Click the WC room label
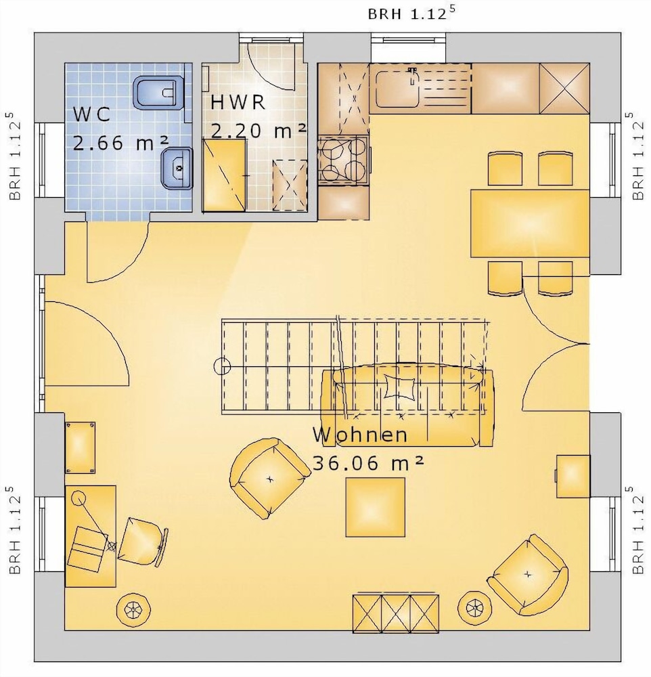[x=91, y=114]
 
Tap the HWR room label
[x=238, y=102]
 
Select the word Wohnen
[x=360, y=435]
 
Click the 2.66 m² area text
[x=120, y=143]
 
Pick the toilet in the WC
[x=159, y=92]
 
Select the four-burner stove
[x=344, y=160]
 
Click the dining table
[x=530, y=223]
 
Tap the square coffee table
[x=375, y=507]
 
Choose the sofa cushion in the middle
[x=399, y=385]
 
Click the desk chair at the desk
[x=143, y=542]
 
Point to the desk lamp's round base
[x=78, y=498]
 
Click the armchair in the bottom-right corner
[x=528, y=575]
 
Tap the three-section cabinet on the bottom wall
[x=395, y=613]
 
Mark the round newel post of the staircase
[x=223, y=366]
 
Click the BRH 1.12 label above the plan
[x=411, y=14]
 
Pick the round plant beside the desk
[x=133, y=609]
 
